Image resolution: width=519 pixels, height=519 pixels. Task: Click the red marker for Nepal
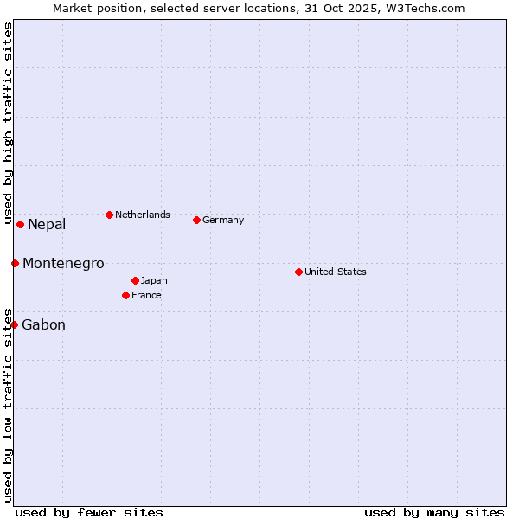(20, 224)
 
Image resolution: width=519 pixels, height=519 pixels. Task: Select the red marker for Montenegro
(15, 263)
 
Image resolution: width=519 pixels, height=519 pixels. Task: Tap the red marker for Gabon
(14, 324)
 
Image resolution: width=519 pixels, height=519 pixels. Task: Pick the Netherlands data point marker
(109, 215)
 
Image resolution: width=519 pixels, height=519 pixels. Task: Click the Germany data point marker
(196, 220)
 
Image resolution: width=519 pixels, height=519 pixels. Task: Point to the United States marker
(298, 272)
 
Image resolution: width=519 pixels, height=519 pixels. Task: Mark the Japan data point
(135, 280)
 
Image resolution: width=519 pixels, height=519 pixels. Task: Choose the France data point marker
(125, 295)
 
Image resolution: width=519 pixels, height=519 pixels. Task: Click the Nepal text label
(47, 225)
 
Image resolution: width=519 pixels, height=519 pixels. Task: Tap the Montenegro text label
(63, 264)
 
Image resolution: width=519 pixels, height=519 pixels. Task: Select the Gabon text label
(43, 325)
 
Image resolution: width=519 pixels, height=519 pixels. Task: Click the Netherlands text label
(143, 215)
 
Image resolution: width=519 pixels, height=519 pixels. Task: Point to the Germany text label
(223, 220)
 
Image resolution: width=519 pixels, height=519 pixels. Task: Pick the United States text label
(336, 272)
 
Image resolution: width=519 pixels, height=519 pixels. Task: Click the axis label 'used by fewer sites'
(89, 512)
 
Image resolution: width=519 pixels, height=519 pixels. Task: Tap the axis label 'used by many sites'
(434, 512)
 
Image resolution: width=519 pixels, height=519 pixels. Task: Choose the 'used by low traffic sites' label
(8, 404)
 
